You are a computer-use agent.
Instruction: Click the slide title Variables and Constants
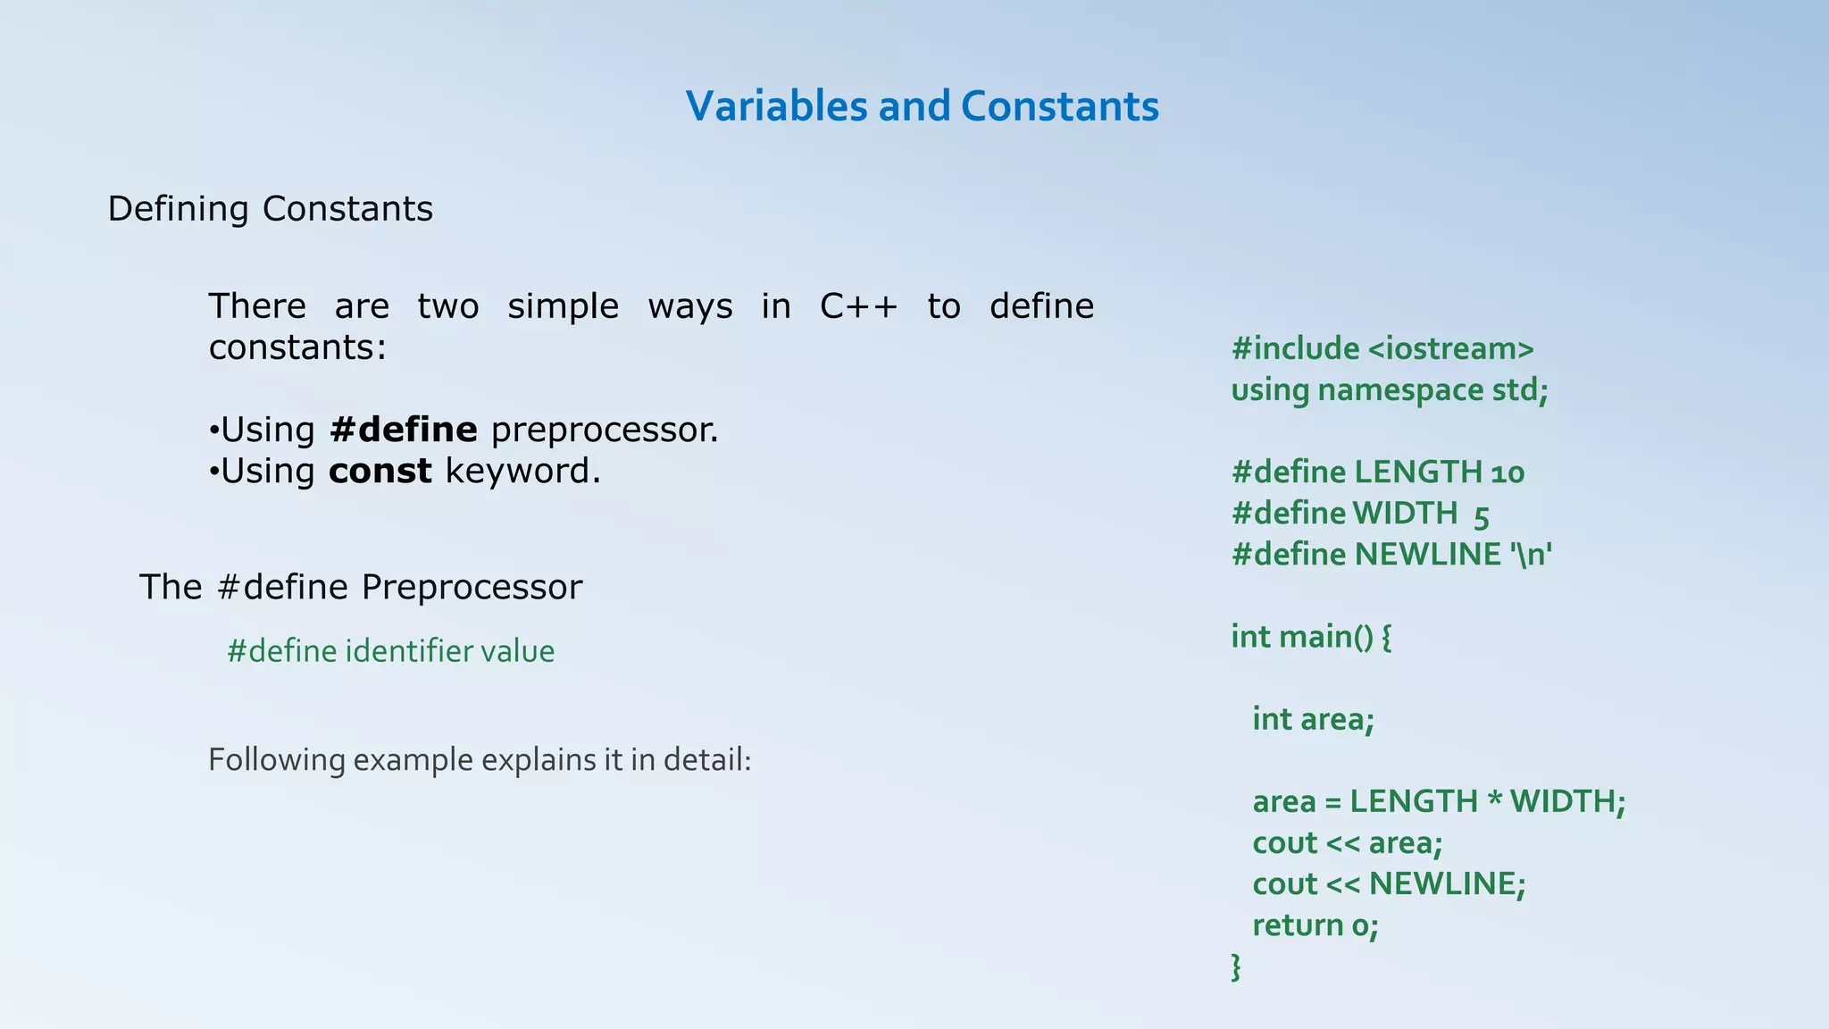point(922,106)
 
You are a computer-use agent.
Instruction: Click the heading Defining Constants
point(270,209)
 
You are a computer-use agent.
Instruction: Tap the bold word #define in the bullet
point(403,430)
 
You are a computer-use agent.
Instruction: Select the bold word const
point(380,471)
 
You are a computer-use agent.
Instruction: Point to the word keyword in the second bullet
point(522,471)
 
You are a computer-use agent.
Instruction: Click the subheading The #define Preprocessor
point(361,587)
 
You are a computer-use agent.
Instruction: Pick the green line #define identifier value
point(390,651)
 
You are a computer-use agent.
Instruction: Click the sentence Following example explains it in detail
point(480,760)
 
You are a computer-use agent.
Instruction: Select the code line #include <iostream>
point(1382,348)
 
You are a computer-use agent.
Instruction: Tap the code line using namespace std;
point(1389,390)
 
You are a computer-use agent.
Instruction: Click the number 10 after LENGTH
point(1507,472)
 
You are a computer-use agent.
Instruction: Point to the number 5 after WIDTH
point(1482,514)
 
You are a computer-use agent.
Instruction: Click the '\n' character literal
point(1532,555)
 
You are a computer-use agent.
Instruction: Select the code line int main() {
point(1311,637)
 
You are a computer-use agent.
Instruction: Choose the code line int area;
point(1313,719)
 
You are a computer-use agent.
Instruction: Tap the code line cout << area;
point(1347,842)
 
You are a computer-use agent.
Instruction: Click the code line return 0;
point(1315,925)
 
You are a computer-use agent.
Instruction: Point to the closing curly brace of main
point(1236,966)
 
